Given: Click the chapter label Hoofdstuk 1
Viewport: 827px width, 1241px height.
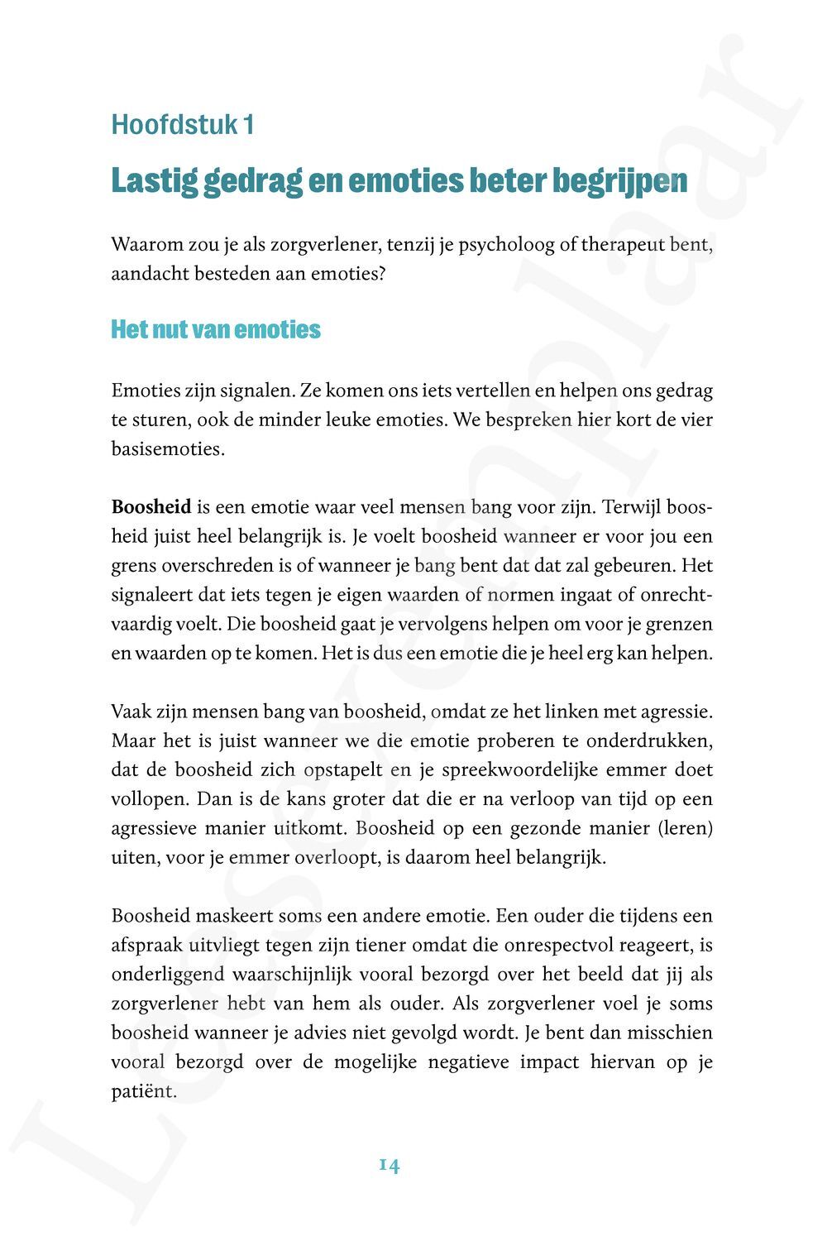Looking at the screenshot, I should [x=182, y=125].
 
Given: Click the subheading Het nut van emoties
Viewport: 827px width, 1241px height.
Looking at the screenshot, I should [x=216, y=329].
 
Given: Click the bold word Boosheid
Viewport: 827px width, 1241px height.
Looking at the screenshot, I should [x=151, y=507].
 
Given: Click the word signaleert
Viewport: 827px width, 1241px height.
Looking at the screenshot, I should [x=151, y=595].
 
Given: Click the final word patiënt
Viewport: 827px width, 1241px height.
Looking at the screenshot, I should [x=143, y=1091].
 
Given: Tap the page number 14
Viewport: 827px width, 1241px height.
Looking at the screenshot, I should [x=390, y=1166].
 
